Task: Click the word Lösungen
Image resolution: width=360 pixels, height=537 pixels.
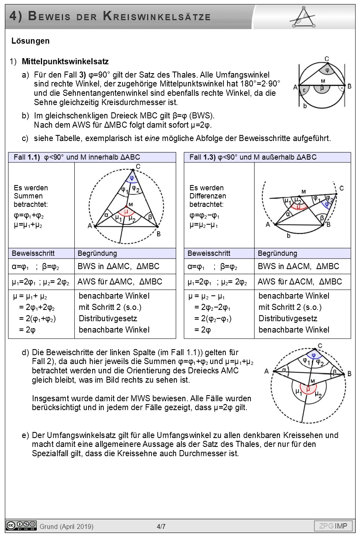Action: [31, 41]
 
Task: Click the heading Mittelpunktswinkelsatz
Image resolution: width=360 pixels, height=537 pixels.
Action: [65, 62]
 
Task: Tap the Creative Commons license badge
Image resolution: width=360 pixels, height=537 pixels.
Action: [21, 525]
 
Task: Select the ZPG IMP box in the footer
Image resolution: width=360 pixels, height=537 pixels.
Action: [333, 526]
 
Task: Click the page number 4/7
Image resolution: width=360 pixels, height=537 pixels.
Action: [161, 526]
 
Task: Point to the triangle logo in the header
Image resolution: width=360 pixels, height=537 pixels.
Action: [303, 17]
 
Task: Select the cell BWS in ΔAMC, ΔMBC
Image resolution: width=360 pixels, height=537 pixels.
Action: [118, 266]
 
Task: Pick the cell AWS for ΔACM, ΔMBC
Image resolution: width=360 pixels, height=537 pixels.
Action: [300, 282]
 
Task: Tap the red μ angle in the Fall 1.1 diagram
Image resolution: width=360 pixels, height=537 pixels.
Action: [126, 211]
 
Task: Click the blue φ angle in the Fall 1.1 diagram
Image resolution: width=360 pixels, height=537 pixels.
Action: [132, 177]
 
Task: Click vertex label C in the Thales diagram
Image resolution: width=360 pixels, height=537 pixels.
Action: [326, 58]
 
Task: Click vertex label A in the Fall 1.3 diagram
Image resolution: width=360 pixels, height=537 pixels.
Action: [267, 224]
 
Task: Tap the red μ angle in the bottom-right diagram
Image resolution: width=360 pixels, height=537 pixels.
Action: [308, 389]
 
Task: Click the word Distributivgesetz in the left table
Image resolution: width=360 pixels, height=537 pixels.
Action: [108, 318]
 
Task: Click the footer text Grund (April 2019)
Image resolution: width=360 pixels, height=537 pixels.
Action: [67, 526]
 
